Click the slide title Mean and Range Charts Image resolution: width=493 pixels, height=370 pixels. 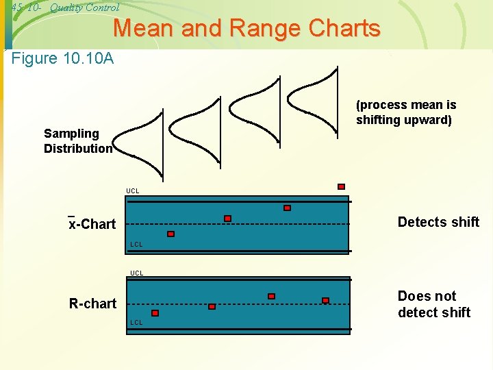tap(246, 28)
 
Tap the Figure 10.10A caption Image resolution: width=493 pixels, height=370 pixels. tap(63, 58)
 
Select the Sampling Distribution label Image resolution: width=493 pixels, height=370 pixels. tap(78, 140)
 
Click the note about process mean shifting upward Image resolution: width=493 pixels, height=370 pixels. tap(406, 112)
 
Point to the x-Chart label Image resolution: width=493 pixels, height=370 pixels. tap(92, 224)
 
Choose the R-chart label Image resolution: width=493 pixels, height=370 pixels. tap(92, 303)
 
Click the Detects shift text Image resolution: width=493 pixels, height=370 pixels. tap(438, 221)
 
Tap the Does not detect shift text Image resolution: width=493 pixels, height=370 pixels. tap(434, 304)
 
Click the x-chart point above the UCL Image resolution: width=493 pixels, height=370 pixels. tap(341, 186)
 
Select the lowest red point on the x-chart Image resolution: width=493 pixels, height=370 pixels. tap(171, 234)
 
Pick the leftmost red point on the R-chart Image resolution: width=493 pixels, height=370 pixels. tap(155, 313)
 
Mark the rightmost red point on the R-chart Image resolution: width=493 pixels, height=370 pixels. tap(325, 300)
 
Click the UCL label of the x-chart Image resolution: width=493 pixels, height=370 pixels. tap(133, 190)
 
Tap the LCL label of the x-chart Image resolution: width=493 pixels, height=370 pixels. tap(137, 245)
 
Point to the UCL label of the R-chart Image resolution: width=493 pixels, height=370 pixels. tap(137, 273)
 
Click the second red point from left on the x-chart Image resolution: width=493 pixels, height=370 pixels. tap(228, 219)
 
